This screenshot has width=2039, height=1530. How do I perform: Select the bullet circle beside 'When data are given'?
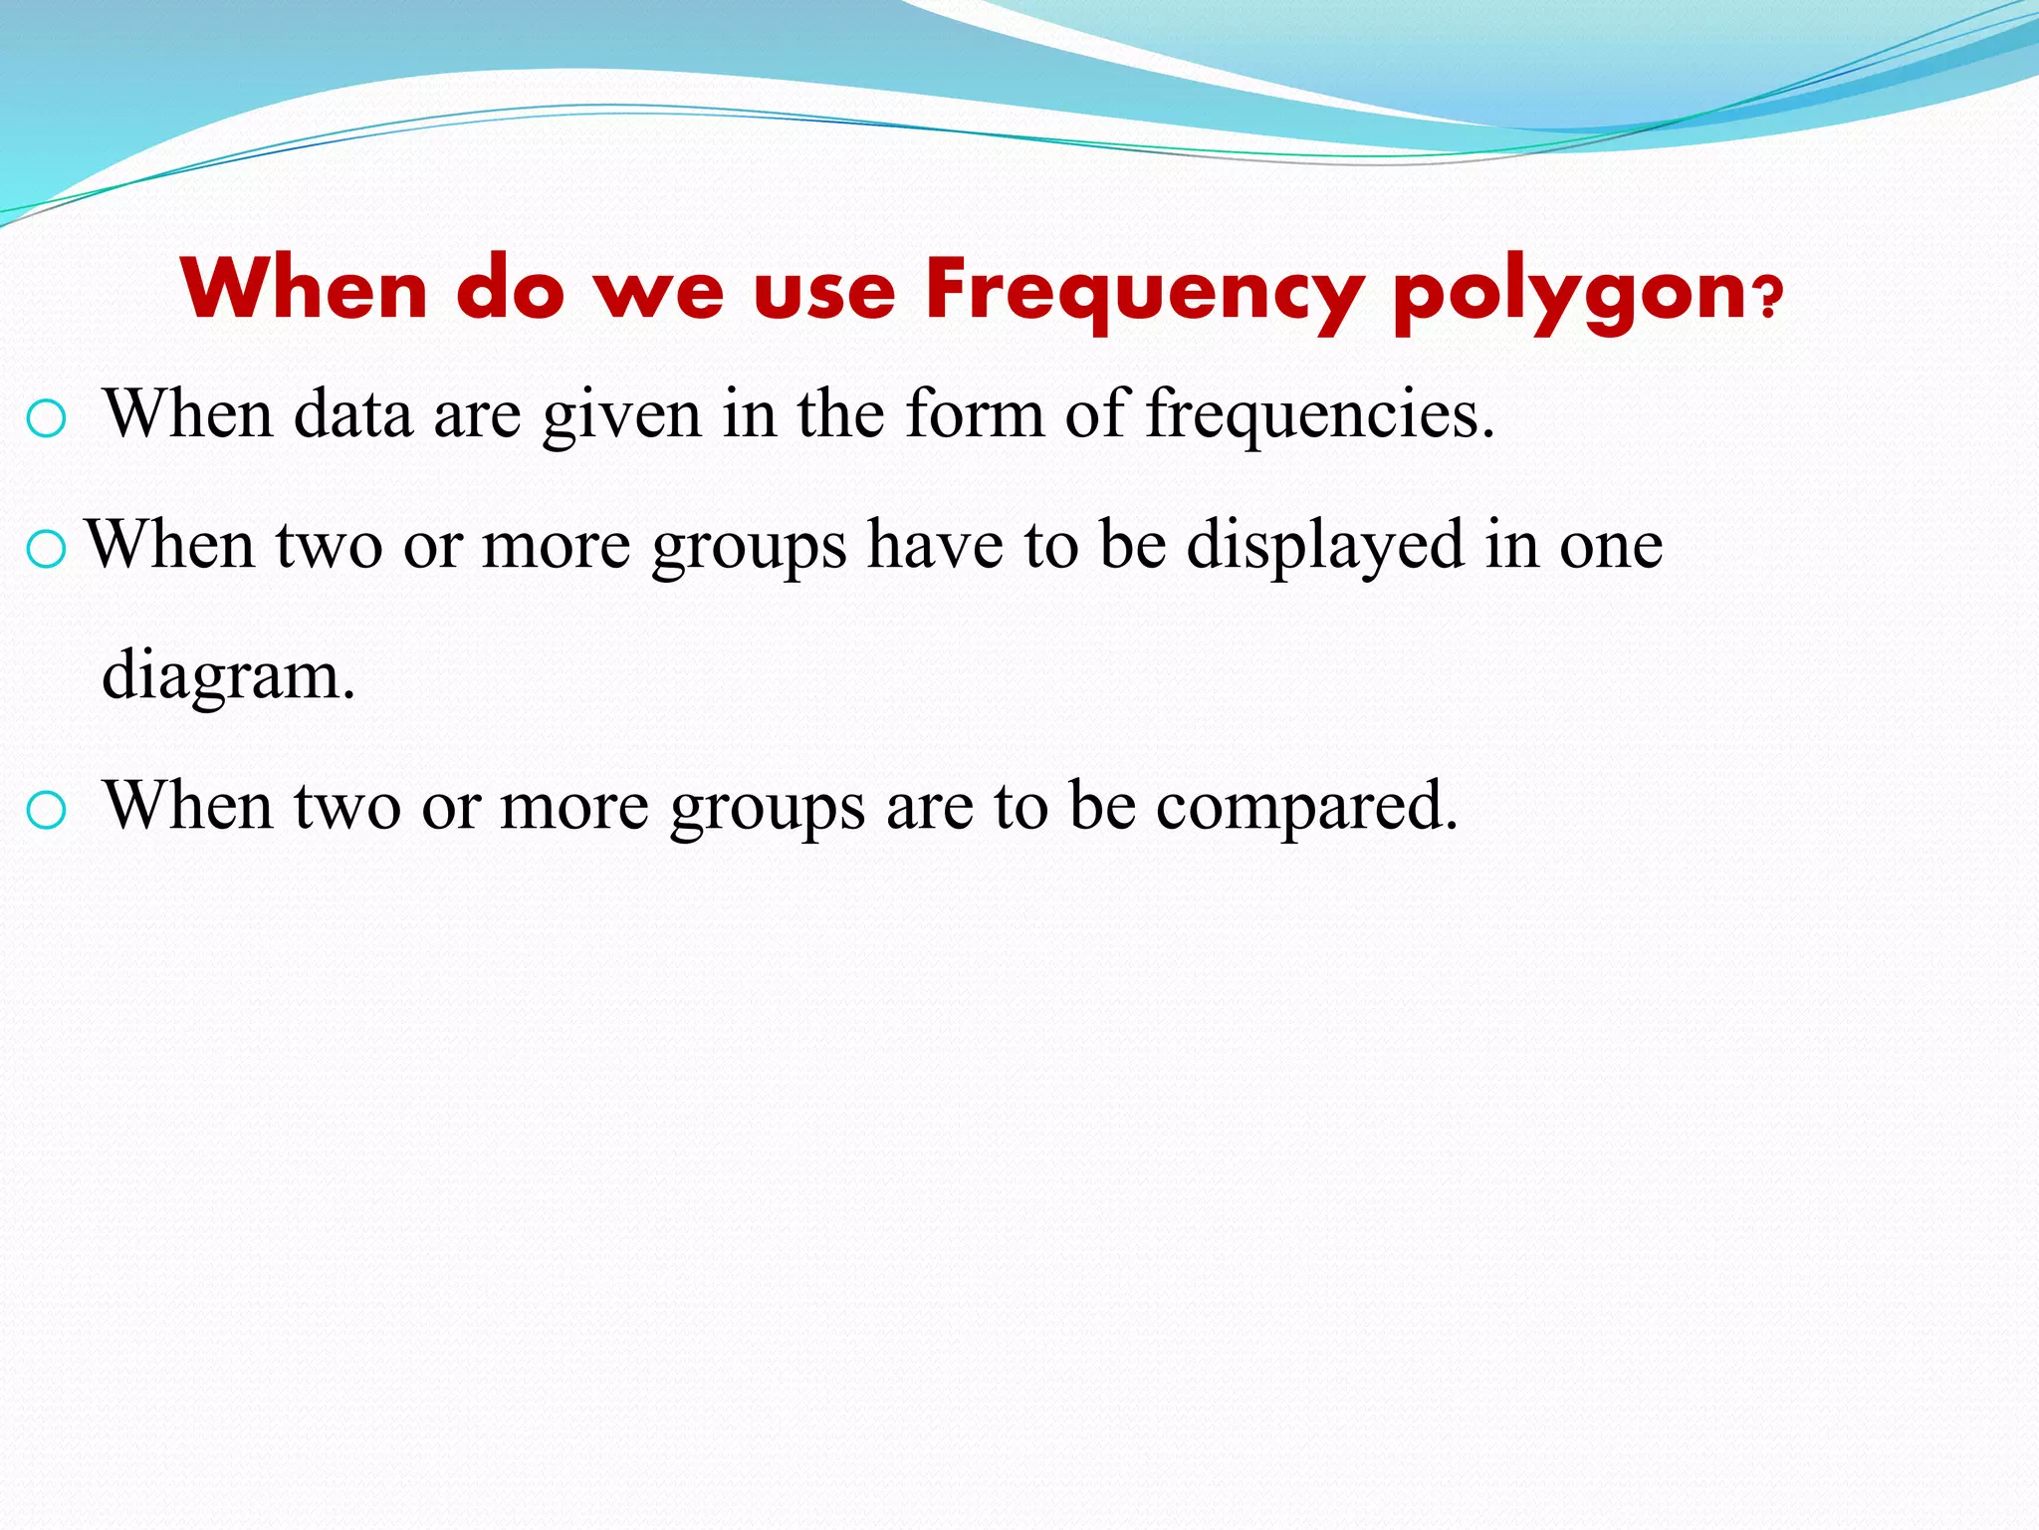[x=46, y=419]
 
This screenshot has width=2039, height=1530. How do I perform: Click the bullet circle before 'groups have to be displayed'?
[x=46, y=549]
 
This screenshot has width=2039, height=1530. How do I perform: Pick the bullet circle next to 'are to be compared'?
[x=46, y=811]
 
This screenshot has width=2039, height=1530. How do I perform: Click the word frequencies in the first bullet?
[x=1319, y=414]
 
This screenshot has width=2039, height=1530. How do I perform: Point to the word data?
[x=352, y=414]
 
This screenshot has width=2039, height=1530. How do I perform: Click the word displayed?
[x=1325, y=546]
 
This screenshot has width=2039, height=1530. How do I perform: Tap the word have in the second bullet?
[x=934, y=545]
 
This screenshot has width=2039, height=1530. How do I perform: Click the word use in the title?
[x=824, y=291]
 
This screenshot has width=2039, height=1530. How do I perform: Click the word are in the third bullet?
[x=929, y=807]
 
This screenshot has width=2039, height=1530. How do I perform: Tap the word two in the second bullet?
[x=329, y=546]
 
